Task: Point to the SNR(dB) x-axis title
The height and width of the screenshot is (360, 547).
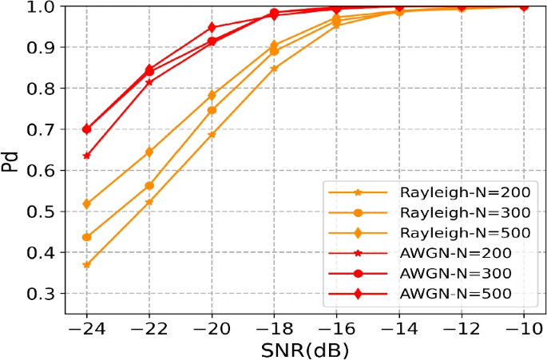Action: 305,349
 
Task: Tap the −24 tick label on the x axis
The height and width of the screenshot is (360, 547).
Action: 86,328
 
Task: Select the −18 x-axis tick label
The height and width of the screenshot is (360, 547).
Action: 274,328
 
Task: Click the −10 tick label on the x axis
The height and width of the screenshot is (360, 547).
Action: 524,328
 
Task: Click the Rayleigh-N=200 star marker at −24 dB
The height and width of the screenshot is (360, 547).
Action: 86,265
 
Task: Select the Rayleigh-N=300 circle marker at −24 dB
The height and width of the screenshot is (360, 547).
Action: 86,237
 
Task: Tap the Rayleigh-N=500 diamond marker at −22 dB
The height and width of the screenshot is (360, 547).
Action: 149,152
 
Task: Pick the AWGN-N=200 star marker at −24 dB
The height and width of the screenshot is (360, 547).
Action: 86,156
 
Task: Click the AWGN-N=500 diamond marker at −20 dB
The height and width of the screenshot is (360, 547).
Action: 212,28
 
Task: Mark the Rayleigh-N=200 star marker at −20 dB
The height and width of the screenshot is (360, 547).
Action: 212,135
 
